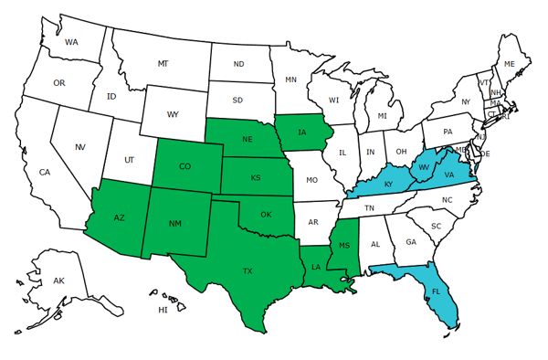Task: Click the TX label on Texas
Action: click(x=247, y=271)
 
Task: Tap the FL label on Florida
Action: click(x=436, y=293)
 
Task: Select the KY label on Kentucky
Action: click(x=388, y=185)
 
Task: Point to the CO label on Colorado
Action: click(x=184, y=166)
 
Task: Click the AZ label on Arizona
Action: click(x=119, y=217)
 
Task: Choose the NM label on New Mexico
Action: click(x=174, y=224)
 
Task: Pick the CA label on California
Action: click(x=44, y=172)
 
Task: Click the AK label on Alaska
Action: click(x=58, y=281)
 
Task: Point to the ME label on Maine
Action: click(x=510, y=63)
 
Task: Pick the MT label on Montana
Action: click(x=163, y=63)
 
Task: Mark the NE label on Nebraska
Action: click(x=247, y=140)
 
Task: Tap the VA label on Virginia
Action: click(x=449, y=175)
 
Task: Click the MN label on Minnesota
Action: click(x=290, y=79)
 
